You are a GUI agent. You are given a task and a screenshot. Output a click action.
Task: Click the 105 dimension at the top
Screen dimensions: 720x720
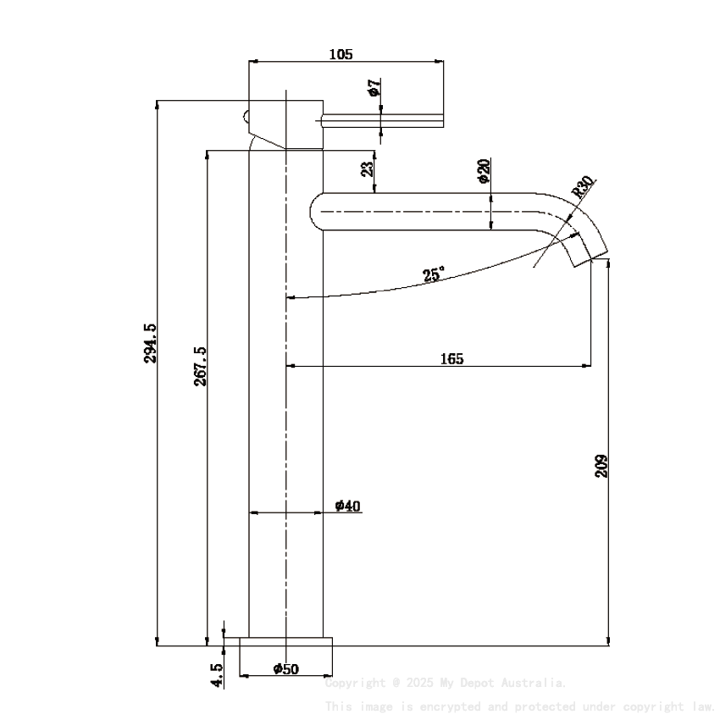pos(340,54)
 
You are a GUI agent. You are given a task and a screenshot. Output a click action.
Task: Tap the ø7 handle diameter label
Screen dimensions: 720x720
pos(374,88)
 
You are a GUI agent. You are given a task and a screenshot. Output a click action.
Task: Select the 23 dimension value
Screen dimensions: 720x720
pos(367,169)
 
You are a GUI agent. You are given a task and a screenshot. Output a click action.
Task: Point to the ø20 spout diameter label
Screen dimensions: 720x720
pos(483,170)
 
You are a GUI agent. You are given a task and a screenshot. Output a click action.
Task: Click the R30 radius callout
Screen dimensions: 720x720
pos(584,186)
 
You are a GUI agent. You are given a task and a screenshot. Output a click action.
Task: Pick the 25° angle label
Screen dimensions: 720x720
pos(434,274)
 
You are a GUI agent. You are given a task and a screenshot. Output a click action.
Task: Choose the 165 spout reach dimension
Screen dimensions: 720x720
pos(451,358)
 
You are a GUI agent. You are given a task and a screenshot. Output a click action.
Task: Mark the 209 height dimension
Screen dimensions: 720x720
pos(601,466)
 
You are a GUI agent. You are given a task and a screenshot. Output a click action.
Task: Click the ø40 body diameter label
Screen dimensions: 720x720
pos(347,506)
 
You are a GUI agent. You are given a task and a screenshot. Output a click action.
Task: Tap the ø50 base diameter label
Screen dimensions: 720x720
pos(286,668)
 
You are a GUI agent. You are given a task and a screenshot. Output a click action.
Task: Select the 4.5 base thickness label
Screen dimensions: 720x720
pos(217,675)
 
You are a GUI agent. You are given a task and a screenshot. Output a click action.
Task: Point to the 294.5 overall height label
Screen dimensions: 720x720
pos(150,343)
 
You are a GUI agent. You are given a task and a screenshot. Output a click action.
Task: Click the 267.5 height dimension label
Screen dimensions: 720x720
pos(200,366)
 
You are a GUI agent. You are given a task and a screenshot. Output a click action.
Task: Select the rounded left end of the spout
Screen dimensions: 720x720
pos(316,210)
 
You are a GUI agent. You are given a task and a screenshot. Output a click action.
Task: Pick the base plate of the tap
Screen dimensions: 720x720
pos(286,642)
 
